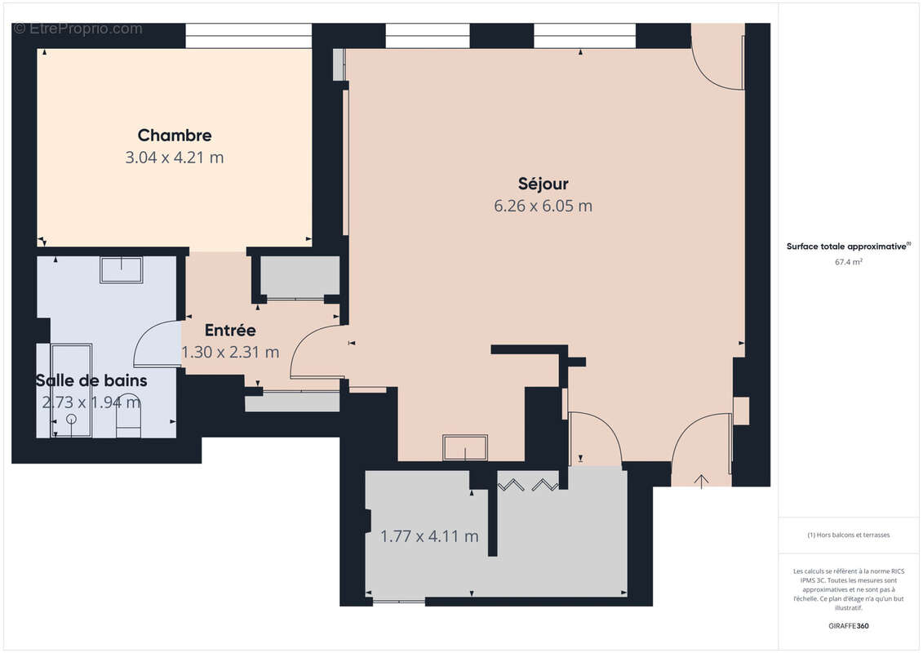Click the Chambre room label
pyautogui.click(x=175, y=135)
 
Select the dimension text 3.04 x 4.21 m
pyautogui.click(x=175, y=158)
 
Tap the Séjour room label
pyautogui.click(x=543, y=184)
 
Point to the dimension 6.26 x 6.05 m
pyautogui.click(x=543, y=206)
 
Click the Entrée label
pyautogui.click(x=230, y=331)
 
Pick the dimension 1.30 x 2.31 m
pyautogui.click(x=230, y=353)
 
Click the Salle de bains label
pyautogui.click(x=91, y=380)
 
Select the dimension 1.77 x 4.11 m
pyautogui.click(x=429, y=536)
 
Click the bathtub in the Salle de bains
pyautogui.click(x=71, y=390)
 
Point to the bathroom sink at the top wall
pyautogui.click(x=121, y=269)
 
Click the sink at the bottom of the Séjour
pyautogui.click(x=465, y=447)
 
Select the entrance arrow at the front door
pyautogui.click(x=701, y=481)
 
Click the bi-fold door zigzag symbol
pyautogui.click(x=528, y=485)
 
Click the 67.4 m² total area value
pyautogui.click(x=849, y=262)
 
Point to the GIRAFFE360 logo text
pyautogui.click(x=849, y=626)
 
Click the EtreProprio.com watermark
pyautogui.click(x=78, y=29)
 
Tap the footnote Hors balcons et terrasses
pyautogui.click(x=849, y=535)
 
